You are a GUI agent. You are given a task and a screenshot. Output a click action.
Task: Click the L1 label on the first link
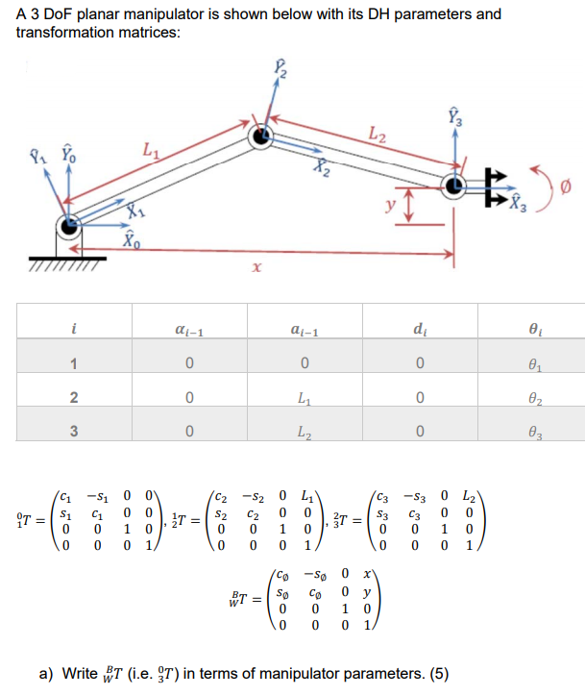(149, 149)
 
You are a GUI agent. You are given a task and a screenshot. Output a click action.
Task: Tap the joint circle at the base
(68, 228)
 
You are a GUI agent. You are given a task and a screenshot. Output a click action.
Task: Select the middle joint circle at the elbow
(260, 138)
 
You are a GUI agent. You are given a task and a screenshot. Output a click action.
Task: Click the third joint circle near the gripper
(455, 186)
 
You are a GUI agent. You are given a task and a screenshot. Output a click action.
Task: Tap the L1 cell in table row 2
(304, 396)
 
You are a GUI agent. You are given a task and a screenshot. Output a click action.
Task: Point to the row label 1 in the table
(72, 362)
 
